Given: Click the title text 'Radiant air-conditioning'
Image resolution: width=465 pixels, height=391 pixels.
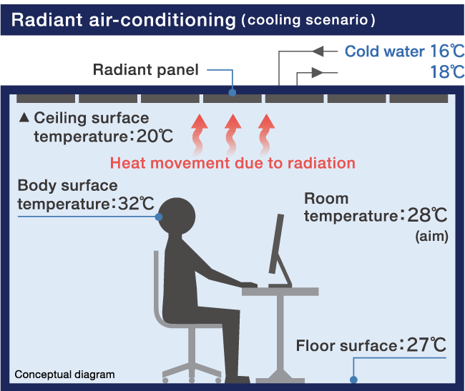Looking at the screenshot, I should (123, 20).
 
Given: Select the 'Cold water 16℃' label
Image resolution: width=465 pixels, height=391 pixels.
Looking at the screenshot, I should (404, 51).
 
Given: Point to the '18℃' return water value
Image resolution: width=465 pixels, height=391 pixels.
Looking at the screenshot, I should (447, 72).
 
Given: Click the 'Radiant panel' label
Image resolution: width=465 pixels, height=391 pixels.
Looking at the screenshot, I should (145, 70).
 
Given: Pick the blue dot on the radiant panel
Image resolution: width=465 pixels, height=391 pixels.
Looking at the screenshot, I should (232, 91).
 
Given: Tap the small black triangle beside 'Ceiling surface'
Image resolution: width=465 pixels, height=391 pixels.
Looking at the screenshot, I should (24, 117).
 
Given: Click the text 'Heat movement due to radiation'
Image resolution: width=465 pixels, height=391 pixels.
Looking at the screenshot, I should (232, 163).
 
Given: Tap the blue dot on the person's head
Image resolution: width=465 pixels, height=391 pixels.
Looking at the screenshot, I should (159, 217).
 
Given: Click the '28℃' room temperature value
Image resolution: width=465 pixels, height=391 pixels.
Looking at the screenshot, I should (428, 215).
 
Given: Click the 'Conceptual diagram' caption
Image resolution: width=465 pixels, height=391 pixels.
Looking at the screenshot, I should (64, 375).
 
